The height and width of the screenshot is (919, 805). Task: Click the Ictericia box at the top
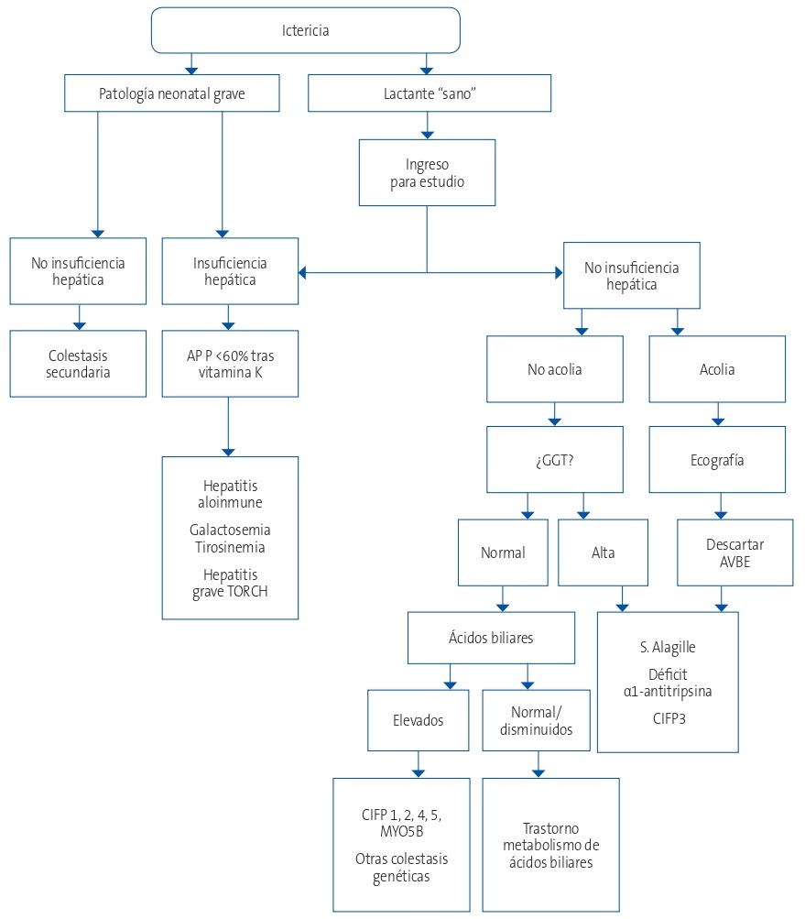pyautogui.click(x=305, y=30)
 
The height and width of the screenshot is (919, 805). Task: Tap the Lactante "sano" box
pyautogui.click(x=430, y=93)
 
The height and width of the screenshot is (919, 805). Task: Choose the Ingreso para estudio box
pyautogui.click(x=427, y=172)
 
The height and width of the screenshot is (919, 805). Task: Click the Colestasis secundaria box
pyautogui.click(x=78, y=363)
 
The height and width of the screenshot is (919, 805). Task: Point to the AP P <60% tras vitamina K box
pyautogui.click(x=230, y=363)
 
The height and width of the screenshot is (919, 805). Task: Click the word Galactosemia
pyautogui.click(x=230, y=530)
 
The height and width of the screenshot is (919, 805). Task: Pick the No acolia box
pyautogui.click(x=554, y=370)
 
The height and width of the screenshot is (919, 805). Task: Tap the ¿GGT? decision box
pyautogui.click(x=554, y=460)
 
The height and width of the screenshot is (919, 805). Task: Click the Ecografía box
pyautogui.click(x=717, y=460)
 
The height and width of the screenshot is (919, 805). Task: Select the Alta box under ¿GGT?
pyautogui.click(x=603, y=552)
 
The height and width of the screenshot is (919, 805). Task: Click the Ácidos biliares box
pyautogui.click(x=491, y=637)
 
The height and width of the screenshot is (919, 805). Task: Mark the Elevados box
pyautogui.click(x=419, y=720)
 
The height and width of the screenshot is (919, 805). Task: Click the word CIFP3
pyautogui.click(x=667, y=719)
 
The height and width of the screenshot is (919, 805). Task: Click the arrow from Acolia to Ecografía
pyautogui.click(x=718, y=414)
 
